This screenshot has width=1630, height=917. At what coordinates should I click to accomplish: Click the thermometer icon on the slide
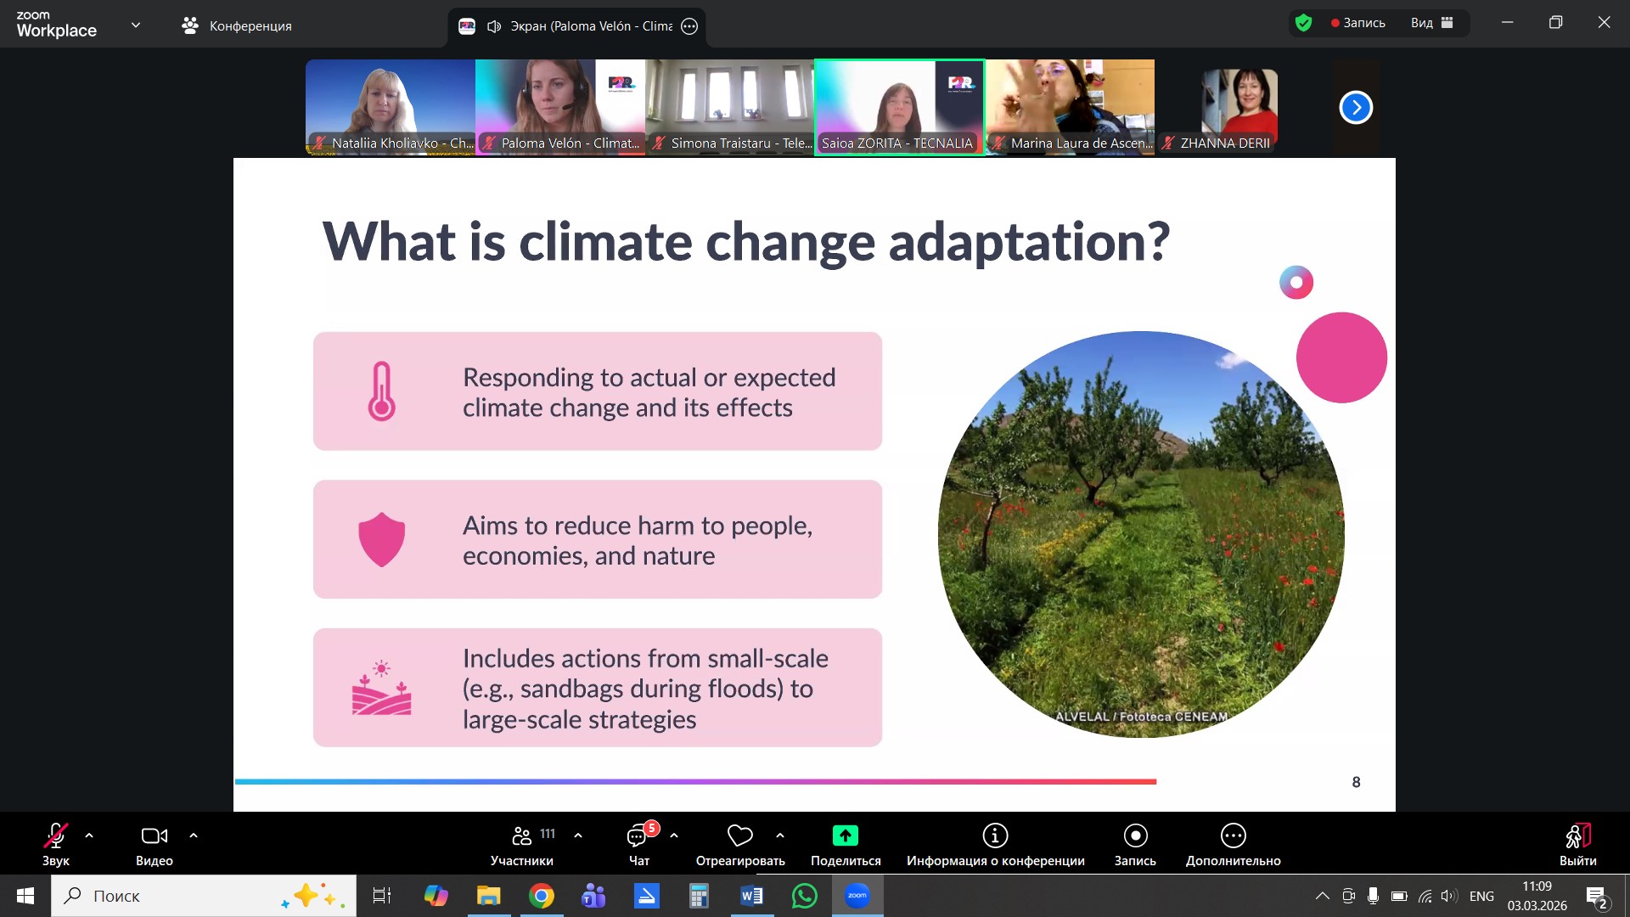coord(381,391)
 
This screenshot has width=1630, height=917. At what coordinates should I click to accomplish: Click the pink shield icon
coord(381,539)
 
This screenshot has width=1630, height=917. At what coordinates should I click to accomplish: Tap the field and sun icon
coord(381,688)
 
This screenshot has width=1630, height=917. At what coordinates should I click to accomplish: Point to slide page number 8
coord(1356,782)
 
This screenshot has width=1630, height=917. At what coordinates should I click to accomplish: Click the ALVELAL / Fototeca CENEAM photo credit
coord(1141,717)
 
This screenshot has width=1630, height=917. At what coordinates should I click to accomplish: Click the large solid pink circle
coord(1341,357)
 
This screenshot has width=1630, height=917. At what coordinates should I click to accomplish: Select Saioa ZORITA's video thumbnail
coord(899,107)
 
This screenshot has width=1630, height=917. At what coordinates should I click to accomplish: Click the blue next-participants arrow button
coord(1356,108)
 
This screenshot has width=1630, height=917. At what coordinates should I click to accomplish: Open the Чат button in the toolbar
coord(639,844)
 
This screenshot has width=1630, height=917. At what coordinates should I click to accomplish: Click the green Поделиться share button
coord(846,844)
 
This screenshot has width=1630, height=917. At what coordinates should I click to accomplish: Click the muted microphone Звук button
coord(56,844)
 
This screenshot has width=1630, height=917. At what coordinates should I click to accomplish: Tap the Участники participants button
coord(522,844)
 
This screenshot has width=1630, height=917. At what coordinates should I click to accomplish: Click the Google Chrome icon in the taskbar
coord(541,896)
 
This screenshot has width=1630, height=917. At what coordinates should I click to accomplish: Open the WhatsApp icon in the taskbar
coord(804,896)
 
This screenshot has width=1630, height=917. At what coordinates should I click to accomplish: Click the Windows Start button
coord(25,896)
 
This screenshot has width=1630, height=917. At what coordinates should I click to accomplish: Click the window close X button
coord(1604,23)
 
